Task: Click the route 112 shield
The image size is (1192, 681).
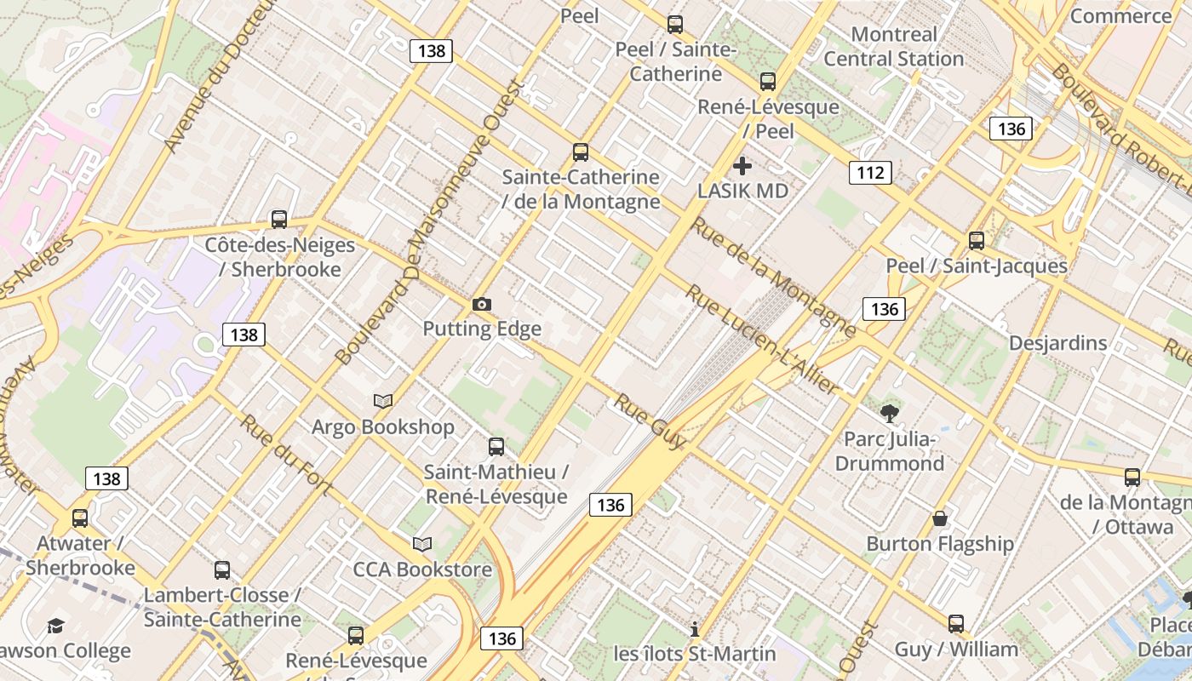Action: pos(870,173)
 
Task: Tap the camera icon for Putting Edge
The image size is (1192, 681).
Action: pos(482,304)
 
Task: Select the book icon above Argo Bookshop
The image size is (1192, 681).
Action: pos(383,401)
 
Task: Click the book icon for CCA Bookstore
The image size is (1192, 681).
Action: pos(422,544)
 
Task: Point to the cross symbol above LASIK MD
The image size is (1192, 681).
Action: pos(742,166)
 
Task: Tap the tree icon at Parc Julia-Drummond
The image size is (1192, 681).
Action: pos(890,415)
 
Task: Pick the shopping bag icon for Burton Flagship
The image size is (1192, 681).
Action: pos(940,518)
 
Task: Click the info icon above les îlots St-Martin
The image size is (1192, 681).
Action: pos(695,629)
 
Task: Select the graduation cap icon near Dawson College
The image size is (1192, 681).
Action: pos(55,627)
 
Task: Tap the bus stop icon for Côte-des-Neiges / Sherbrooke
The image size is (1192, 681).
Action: pos(279,220)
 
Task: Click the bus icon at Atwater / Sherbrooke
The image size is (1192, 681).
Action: pos(80,518)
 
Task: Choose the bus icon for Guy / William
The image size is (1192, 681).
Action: pos(956,624)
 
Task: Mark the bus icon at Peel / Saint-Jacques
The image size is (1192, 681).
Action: pos(977,241)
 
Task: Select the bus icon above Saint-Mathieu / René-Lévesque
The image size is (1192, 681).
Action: pos(496,446)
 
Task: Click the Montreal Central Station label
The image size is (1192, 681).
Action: pos(894,47)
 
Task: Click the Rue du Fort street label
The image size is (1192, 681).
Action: pos(285,454)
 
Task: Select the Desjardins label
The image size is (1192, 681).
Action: pos(1057,343)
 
